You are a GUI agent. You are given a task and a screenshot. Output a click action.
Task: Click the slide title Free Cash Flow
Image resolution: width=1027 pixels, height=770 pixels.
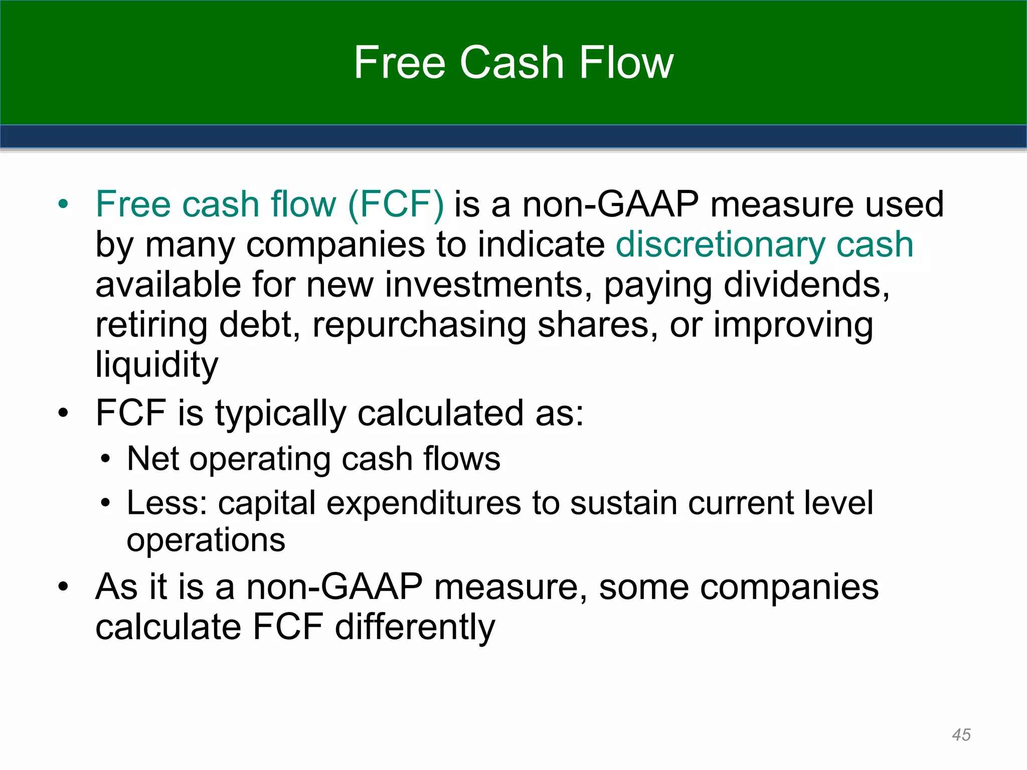[x=513, y=63]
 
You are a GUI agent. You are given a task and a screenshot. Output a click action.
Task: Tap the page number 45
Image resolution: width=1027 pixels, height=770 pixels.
[x=961, y=735]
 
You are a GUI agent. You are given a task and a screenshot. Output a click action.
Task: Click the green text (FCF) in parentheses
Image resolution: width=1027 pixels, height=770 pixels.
[x=396, y=205]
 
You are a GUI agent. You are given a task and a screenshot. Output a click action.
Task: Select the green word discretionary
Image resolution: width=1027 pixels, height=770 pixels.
[x=720, y=246]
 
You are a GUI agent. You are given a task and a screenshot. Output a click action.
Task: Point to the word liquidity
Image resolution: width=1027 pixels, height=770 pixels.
[x=157, y=365]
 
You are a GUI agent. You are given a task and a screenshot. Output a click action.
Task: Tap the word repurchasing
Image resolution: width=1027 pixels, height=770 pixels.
[x=419, y=326]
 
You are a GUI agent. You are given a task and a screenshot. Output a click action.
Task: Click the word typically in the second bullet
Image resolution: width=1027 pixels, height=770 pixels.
[x=281, y=414]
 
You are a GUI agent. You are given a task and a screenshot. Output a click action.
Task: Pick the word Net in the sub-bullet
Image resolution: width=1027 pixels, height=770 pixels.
[x=152, y=459]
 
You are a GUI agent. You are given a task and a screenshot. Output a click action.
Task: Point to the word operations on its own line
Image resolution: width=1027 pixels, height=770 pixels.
[x=206, y=540]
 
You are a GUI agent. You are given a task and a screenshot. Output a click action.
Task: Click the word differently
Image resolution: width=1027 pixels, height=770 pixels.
[x=415, y=628]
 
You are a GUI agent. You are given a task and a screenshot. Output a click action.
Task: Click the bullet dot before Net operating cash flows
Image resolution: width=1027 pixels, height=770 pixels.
[x=105, y=459]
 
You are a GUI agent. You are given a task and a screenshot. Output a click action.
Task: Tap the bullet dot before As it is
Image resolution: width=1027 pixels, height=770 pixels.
[x=63, y=587]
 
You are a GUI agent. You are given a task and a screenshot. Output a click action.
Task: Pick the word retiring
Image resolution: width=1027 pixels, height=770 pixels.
[x=151, y=326]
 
